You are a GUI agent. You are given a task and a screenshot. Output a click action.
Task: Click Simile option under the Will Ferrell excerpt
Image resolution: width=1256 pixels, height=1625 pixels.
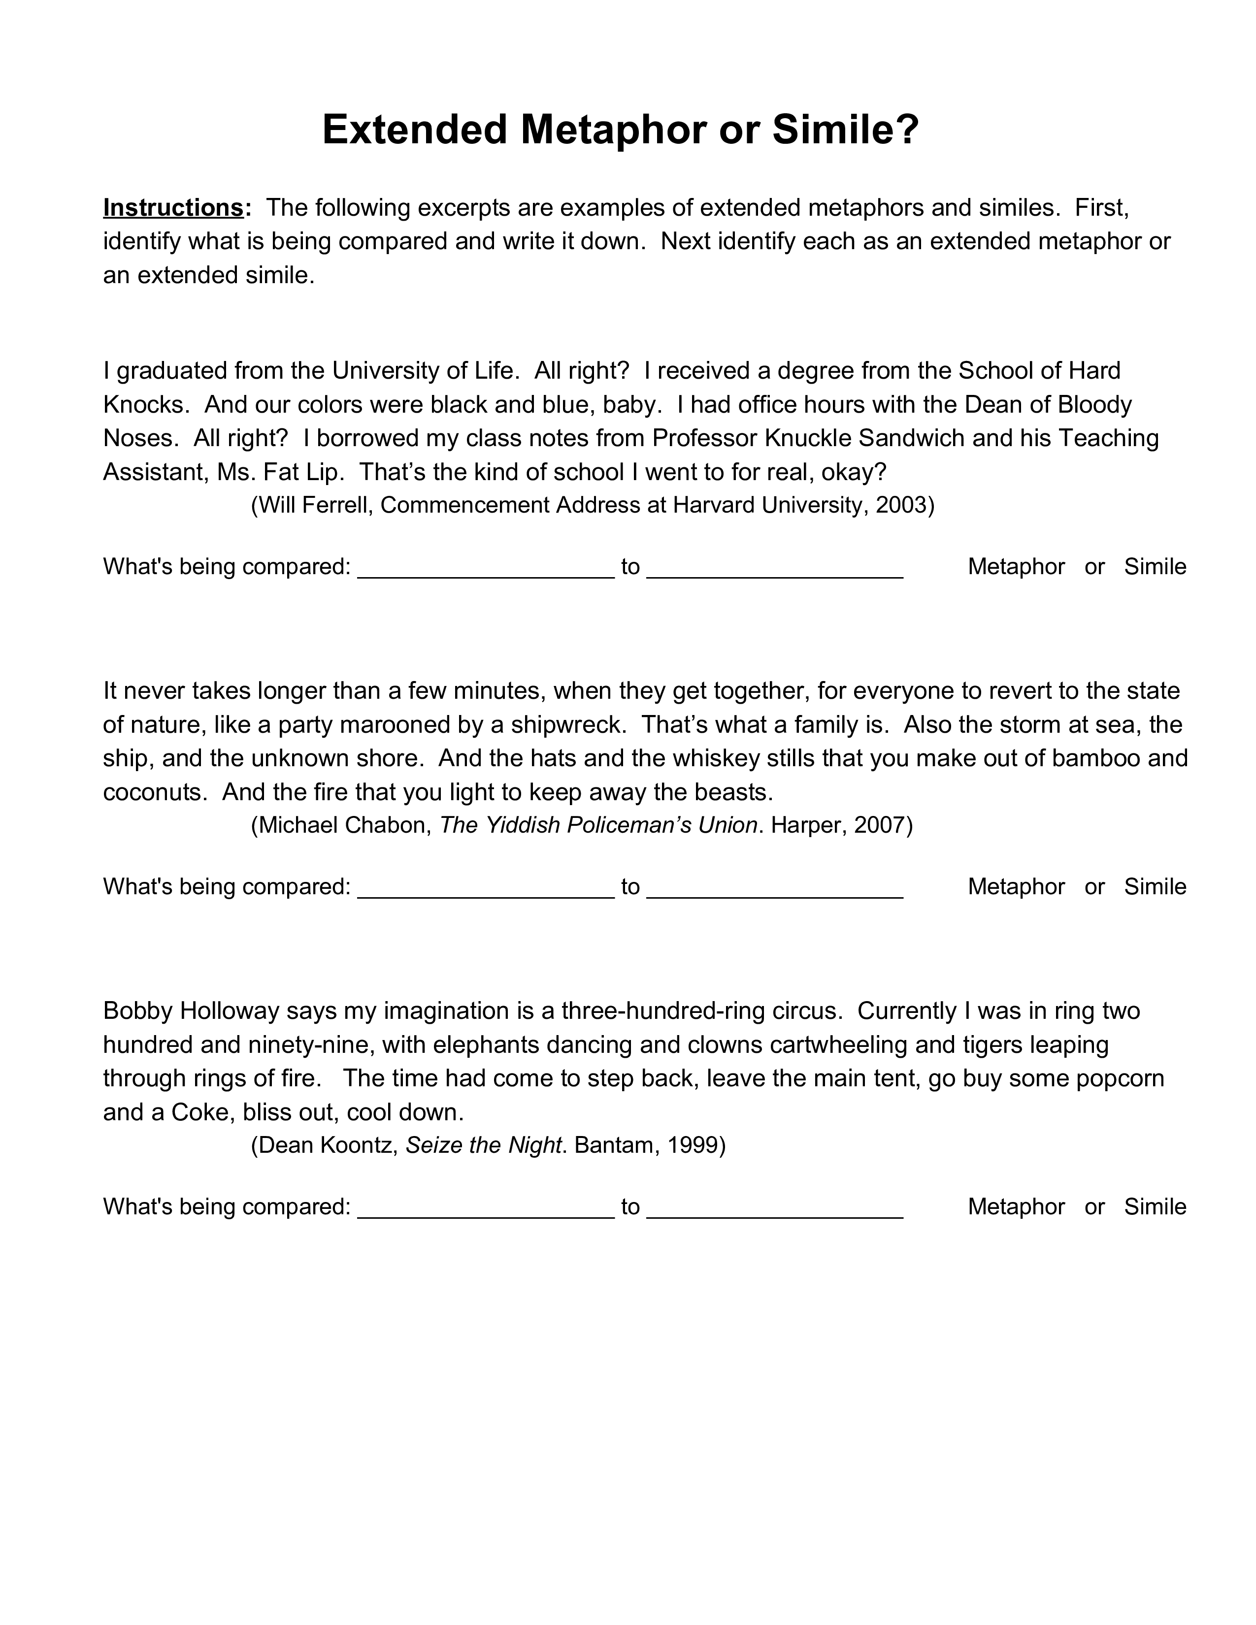pos(1155,567)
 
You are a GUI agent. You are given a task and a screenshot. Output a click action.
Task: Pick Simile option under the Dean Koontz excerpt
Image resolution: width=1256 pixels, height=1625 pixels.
pos(1155,1207)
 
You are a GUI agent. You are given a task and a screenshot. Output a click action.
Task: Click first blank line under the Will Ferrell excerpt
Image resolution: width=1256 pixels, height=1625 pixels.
pos(486,569)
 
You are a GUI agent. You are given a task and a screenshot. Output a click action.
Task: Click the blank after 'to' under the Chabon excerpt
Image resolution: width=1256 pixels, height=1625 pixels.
pos(775,889)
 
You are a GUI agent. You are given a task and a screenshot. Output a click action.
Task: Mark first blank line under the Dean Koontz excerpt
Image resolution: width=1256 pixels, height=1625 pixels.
pos(486,1209)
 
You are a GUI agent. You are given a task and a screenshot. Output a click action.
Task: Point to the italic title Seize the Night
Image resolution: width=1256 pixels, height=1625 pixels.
pos(483,1145)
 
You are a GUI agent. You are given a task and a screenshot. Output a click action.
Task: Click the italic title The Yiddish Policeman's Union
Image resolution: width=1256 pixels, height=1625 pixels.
pos(598,825)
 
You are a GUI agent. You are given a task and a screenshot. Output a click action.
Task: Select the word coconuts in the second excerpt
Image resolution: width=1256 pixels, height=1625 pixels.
pos(154,792)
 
